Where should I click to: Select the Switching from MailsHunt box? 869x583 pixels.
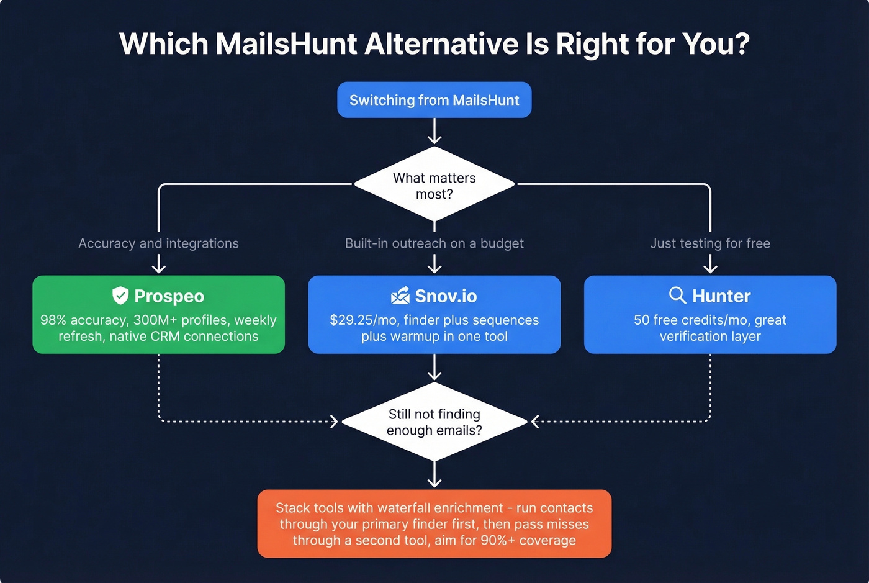(434, 100)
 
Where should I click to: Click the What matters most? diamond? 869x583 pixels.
(434, 185)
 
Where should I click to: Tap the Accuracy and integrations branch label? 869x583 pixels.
(158, 243)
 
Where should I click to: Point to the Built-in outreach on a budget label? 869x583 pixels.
(434, 243)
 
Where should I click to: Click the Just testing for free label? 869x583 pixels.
(710, 243)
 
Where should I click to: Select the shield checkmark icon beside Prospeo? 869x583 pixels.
(120, 296)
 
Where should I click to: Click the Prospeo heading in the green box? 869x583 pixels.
(169, 296)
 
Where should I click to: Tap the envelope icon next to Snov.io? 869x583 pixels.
(400, 296)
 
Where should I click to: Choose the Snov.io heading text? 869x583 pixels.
(446, 296)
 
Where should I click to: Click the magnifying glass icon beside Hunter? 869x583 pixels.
(677, 295)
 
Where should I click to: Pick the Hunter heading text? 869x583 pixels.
(721, 296)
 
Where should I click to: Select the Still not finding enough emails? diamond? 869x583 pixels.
(434, 422)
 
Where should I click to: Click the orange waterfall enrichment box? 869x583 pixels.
(434, 523)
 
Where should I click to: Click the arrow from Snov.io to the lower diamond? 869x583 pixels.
(434, 368)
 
